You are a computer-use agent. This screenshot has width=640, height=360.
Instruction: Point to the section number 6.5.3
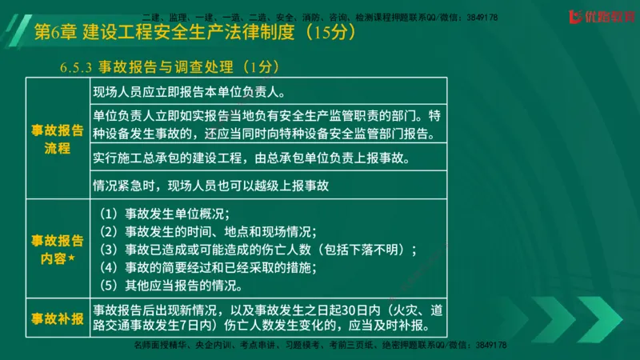click(77, 66)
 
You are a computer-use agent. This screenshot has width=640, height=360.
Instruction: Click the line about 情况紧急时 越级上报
click(210, 186)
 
